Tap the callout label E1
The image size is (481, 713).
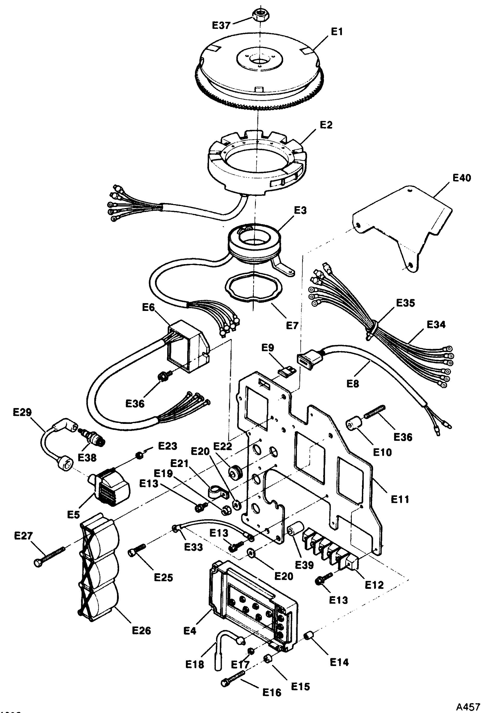click(336, 32)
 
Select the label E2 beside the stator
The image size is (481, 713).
click(326, 125)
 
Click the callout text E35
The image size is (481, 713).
click(405, 303)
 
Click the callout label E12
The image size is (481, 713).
click(374, 585)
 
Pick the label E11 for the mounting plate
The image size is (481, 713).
click(400, 499)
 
